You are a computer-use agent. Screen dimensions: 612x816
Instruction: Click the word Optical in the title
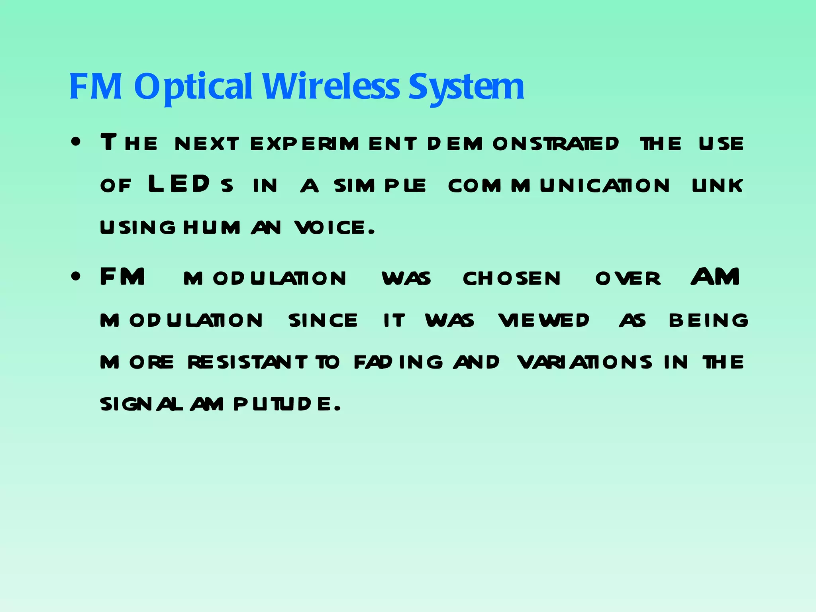193,87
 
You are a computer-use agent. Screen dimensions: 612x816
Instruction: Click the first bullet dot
76,142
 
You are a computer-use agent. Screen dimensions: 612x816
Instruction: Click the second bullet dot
76,277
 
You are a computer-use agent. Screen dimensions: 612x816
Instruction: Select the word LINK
718,186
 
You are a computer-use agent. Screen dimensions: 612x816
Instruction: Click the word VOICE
335,228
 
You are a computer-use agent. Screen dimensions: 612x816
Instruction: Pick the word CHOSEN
512,279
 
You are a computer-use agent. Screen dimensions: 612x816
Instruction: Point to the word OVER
628,279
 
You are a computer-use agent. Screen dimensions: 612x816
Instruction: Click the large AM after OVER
716,277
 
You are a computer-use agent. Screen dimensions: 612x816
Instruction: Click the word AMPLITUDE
265,405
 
